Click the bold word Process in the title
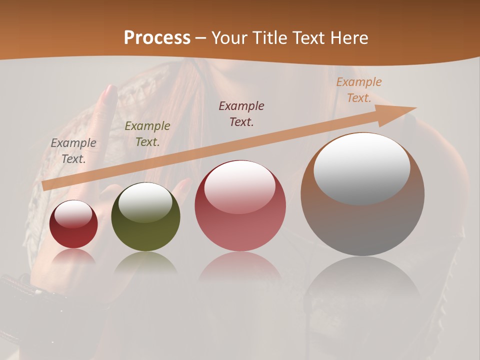tap(157, 38)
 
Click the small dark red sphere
tap(73, 224)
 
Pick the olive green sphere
tap(145, 217)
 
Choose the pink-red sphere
tap(240, 206)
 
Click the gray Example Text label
tap(73, 150)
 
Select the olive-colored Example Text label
tap(147, 133)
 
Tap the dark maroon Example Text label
tap(241, 113)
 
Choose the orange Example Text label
tap(359, 90)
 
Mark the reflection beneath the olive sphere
tap(145, 262)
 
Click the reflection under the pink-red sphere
tap(240, 267)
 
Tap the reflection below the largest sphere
tap(362, 280)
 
